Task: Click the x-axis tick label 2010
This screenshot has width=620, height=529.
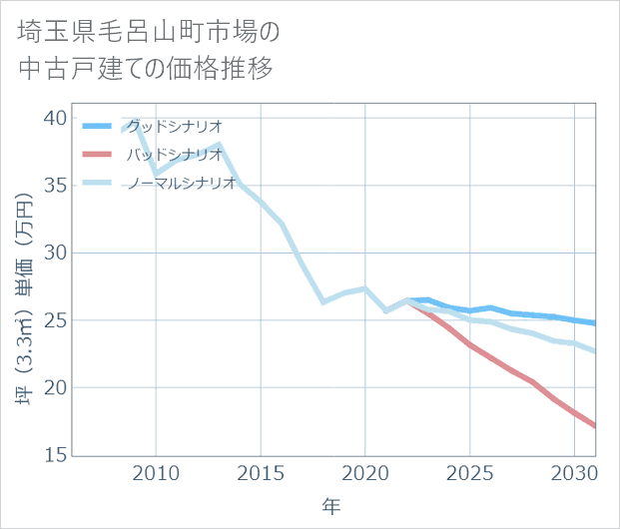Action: (156, 472)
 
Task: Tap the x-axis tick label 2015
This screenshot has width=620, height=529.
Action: (261, 472)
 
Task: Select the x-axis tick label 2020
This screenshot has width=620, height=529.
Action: (364, 472)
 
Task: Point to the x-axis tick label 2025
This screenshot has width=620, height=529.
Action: (469, 472)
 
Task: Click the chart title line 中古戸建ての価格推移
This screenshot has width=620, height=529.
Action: (146, 70)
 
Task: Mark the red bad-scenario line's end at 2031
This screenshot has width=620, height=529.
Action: (595, 426)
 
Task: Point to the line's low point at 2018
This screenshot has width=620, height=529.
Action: (323, 301)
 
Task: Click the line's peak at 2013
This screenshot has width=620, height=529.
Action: (219, 146)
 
